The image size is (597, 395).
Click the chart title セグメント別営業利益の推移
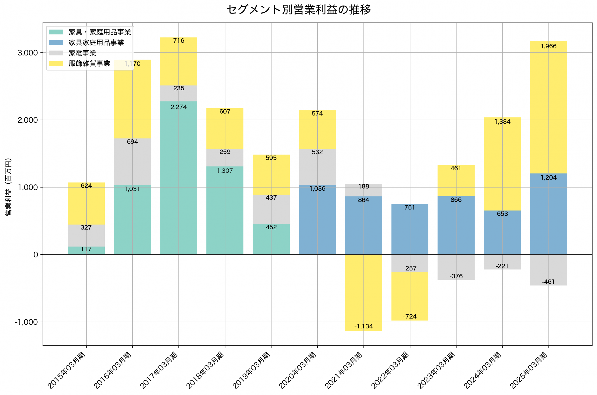click(298, 10)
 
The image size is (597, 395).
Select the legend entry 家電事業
click(82, 53)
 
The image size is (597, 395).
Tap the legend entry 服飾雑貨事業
click(89, 64)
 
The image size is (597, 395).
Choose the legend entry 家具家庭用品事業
click(96, 43)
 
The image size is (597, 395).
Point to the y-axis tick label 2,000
click(28, 120)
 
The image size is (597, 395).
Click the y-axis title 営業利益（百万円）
click(8, 187)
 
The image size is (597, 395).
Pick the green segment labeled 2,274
click(179, 178)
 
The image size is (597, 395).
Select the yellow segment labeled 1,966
click(548, 107)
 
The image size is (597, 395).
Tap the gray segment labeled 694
click(132, 162)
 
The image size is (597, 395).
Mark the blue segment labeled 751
click(410, 229)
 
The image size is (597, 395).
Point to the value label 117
click(86, 249)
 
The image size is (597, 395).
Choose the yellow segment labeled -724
click(410, 296)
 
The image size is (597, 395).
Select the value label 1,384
click(502, 122)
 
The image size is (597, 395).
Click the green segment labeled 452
click(271, 239)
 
